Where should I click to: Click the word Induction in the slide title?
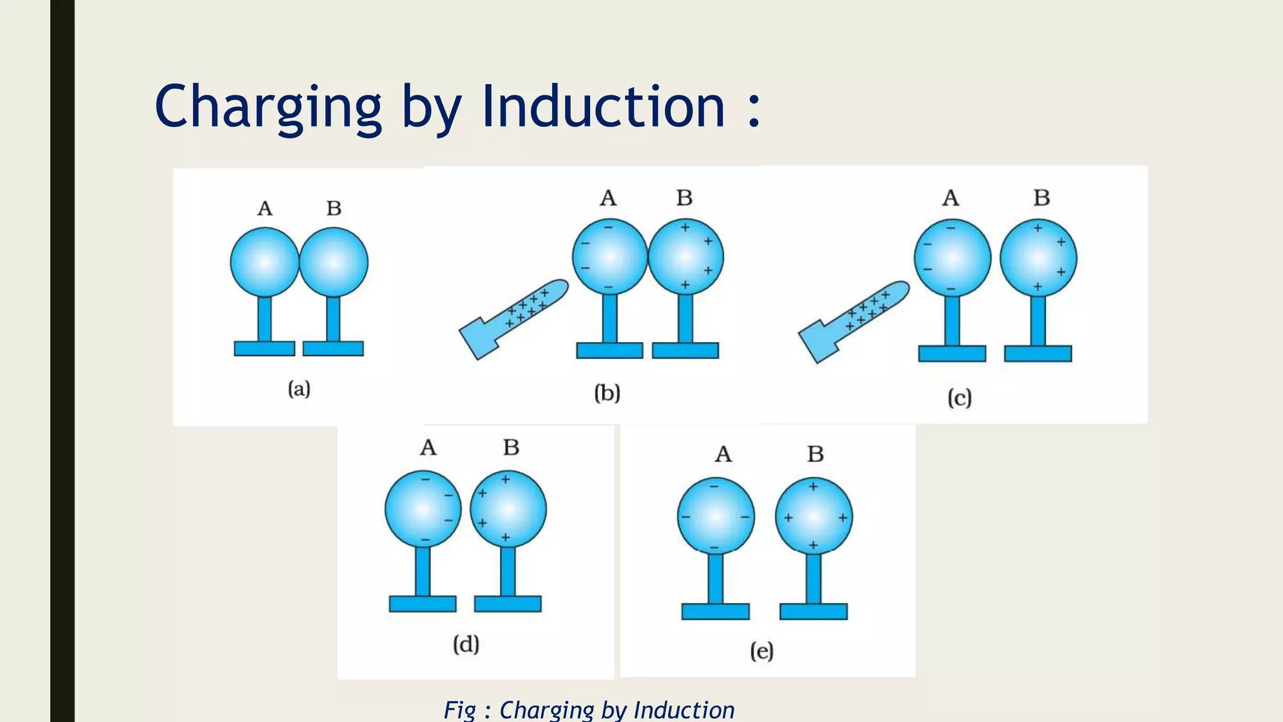pos(603,107)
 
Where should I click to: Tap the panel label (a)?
pos(299,389)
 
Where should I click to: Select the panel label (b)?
pos(607,394)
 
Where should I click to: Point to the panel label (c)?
pos(959,398)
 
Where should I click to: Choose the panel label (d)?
pos(466,644)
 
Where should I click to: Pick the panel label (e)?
pos(762,652)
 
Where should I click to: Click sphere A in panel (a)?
pos(264,262)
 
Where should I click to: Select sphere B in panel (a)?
pos(334,262)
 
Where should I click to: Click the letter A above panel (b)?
pos(608,199)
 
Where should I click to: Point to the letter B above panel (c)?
pos(1042,198)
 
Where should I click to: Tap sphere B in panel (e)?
pos(814,516)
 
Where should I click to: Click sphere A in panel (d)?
pos(423,508)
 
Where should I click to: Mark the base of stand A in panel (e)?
pos(715,612)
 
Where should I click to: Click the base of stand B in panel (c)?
pos(1038,353)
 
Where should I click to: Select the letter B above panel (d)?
pos(511,447)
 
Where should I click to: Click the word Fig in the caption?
pos(460,710)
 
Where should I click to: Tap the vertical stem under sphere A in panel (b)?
pos(610,318)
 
